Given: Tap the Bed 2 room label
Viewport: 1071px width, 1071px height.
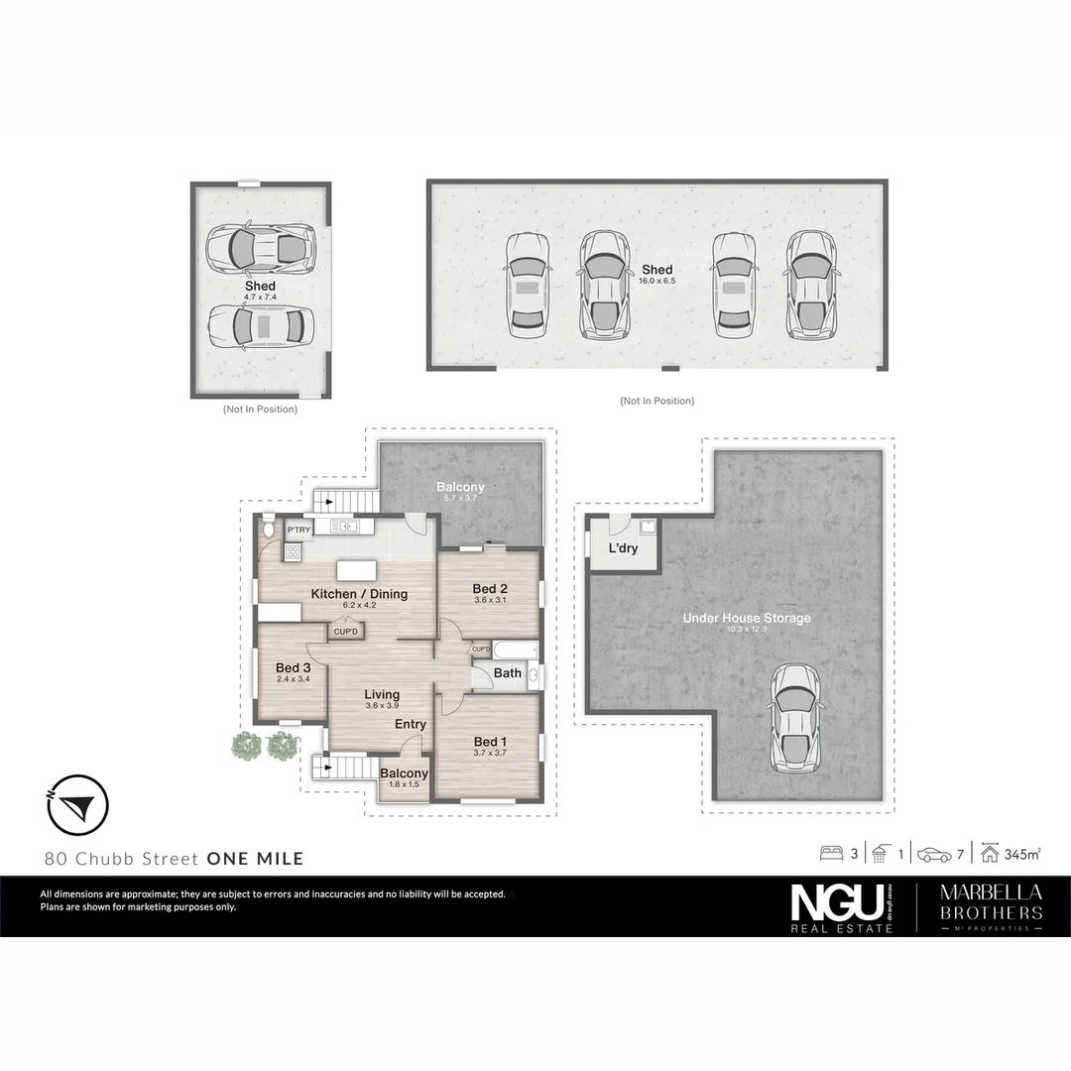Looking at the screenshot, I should (490, 589).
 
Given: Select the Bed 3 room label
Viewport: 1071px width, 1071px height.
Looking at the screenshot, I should (294, 667).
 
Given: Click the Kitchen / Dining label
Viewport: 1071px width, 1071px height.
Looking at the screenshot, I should (359, 594).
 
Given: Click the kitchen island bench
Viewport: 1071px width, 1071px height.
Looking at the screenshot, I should (357, 571).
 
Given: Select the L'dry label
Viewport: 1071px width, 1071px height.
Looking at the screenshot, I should (623, 548).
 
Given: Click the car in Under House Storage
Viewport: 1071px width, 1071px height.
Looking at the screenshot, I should (796, 718).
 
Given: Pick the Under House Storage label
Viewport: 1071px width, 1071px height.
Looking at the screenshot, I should (746, 618).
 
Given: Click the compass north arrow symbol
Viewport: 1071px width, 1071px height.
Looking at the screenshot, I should (77, 804).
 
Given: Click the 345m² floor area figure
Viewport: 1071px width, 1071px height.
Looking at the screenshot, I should (1021, 854).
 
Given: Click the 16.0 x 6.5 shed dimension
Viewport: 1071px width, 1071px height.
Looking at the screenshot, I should (656, 282).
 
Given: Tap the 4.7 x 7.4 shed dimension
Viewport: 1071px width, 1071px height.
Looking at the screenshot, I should (260, 297).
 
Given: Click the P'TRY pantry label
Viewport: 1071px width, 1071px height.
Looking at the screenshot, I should (298, 531).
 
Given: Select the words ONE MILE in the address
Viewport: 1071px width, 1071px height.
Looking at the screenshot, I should (255, 859).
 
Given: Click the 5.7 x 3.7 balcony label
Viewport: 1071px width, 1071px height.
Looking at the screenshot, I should (461, 500).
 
